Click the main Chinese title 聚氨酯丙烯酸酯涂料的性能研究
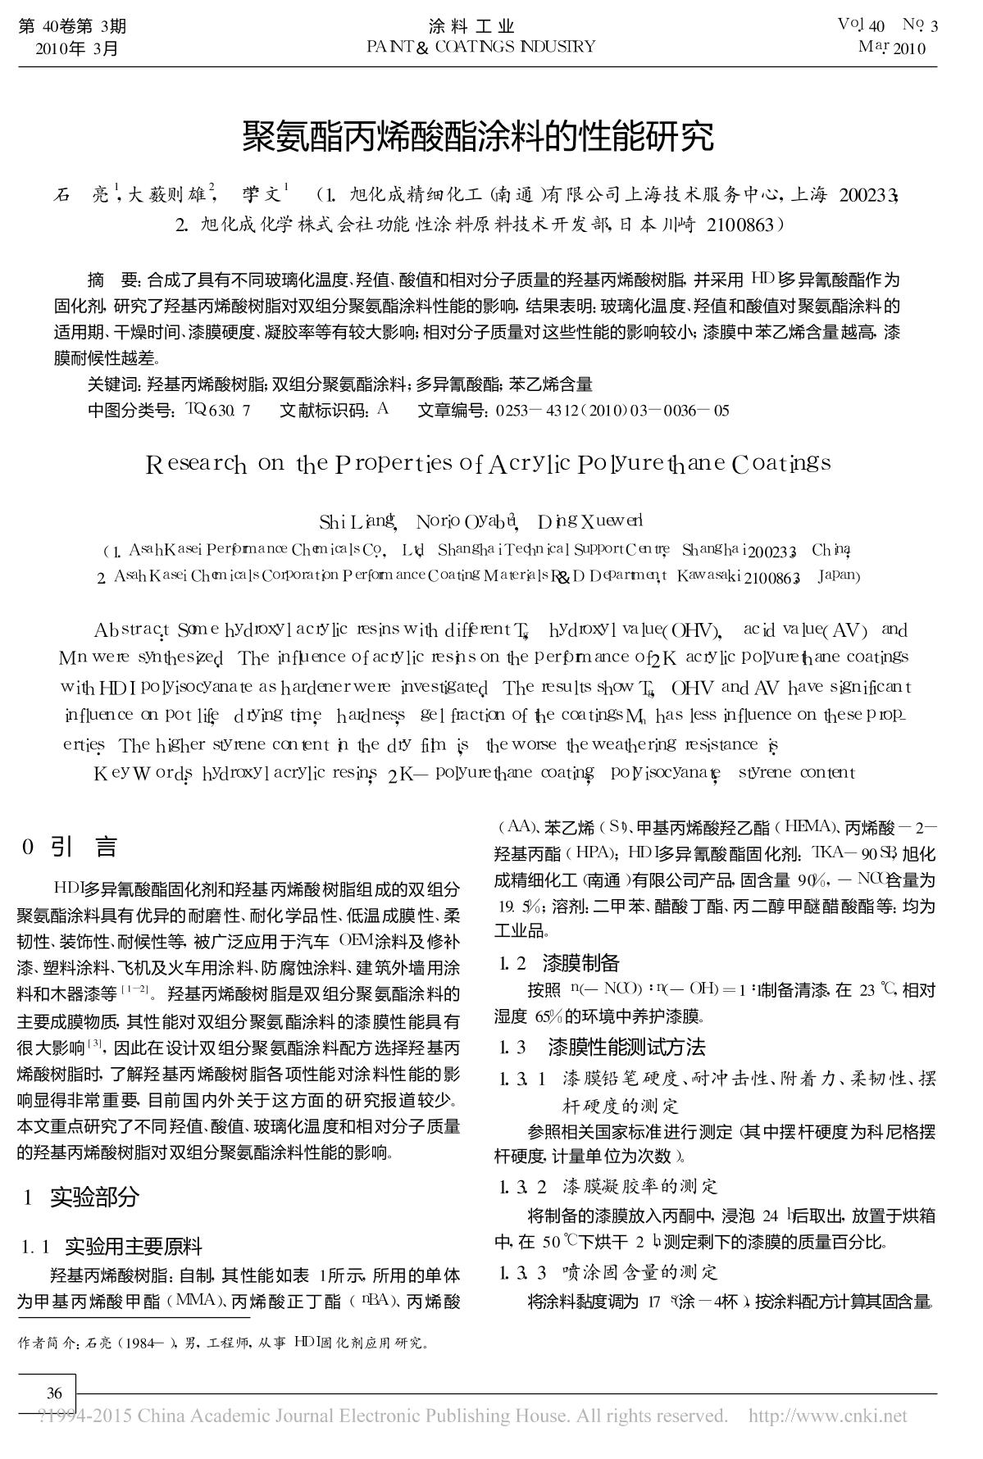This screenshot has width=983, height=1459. tap(478, 137)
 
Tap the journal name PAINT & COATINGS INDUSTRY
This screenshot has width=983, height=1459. tap(481, 47)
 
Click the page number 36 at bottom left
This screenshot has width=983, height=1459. tap(54, 1393)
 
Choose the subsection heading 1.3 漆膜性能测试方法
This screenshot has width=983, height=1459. tap(602, 1047)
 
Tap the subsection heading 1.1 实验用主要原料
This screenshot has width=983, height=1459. tap(111, 1247)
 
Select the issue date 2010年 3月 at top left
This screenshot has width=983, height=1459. tap(77, 48)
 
